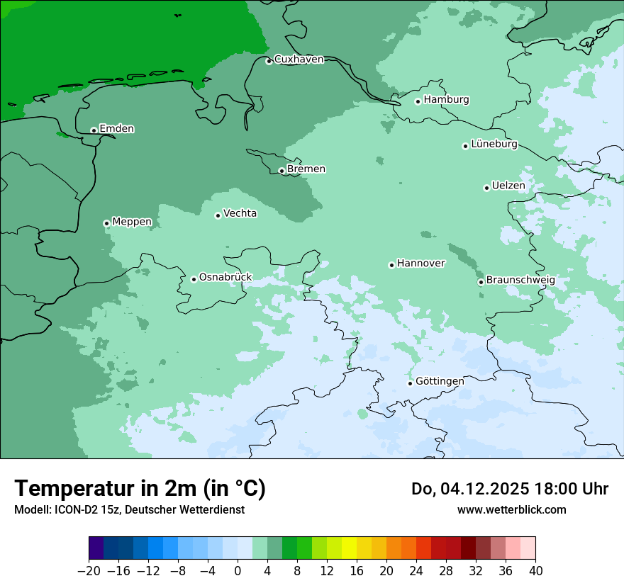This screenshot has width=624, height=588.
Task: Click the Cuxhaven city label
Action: click(299, 60)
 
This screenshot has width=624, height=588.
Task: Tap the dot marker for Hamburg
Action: click(418, 101)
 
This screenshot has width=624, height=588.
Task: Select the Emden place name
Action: click(116, 129)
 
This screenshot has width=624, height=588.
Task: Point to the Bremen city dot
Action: click(282, 171)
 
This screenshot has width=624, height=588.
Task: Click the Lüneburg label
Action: click(494, 145)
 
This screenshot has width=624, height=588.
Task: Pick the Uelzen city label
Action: click(508, 186)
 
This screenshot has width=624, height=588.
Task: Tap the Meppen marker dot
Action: click(107, 223)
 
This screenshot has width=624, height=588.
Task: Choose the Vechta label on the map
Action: click(240, 213)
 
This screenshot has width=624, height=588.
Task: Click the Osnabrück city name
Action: click(225, 278)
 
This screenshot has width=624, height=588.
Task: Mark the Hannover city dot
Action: click(391, 265)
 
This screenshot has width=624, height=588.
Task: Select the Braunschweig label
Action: click(520, 281)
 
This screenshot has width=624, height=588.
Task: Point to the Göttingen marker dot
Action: click(410, 383)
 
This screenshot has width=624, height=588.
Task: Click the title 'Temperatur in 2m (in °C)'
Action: click(140, 489)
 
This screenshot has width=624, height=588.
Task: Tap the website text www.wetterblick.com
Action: click(511, 510)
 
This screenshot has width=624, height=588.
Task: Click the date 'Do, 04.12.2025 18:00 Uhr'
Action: click(509, 489)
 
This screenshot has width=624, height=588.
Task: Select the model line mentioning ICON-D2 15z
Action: click(129, 510)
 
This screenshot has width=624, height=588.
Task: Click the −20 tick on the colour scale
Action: click(89, 571)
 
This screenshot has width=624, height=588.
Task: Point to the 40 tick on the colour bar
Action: click(535, 571)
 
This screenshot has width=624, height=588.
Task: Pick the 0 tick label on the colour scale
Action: click(238, 571)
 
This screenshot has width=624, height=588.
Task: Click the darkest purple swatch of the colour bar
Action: click(96, 548)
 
